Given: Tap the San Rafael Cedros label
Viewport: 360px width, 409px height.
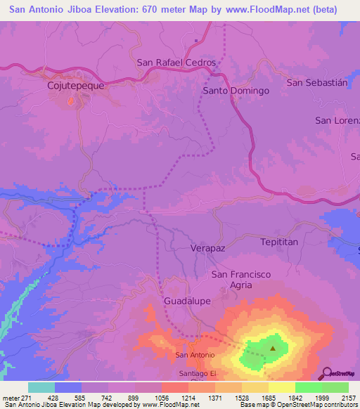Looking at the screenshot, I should click(x=176, y=62).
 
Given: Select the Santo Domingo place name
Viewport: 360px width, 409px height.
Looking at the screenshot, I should click(x=236, y=91).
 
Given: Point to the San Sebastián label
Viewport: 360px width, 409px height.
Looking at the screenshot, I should click(x=317, y=82).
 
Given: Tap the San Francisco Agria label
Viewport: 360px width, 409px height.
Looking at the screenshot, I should click(x=241, y=279).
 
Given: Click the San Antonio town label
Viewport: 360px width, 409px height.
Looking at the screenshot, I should click(x=195, y=356).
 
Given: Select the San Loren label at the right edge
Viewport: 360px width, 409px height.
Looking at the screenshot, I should click(x=337, y=120).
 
